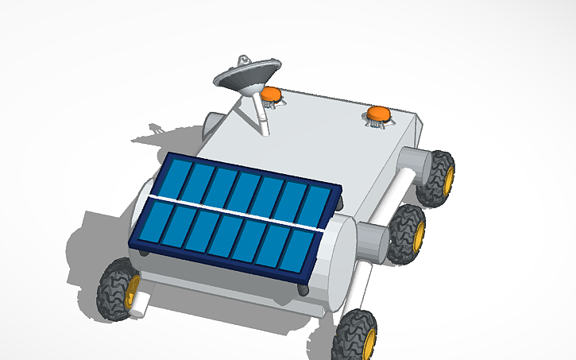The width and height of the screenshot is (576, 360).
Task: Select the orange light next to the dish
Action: tap(272, 95)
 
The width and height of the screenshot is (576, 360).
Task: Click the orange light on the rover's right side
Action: tap(377, 114)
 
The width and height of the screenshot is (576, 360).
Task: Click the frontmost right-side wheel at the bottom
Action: tap(355, 336)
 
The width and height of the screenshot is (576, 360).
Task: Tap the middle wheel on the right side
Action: tap(407, 231)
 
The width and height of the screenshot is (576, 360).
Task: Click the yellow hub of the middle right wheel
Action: tap(417, 232)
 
